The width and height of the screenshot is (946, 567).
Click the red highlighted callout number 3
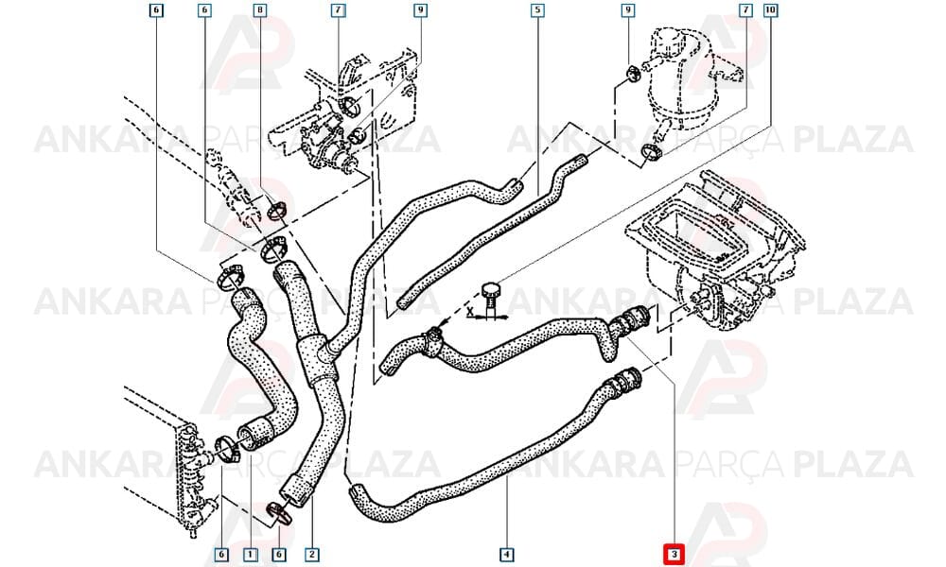674,555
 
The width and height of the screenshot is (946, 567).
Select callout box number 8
260,10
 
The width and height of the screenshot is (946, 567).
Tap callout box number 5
537,10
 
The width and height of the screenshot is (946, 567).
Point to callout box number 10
770,10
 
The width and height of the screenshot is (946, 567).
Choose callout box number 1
250,555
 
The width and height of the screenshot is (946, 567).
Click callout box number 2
312,555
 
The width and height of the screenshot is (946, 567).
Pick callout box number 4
507,555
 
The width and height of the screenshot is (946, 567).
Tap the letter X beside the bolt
470,311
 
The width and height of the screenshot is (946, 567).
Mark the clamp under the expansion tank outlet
651,153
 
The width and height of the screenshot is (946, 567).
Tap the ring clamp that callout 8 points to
278,212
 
